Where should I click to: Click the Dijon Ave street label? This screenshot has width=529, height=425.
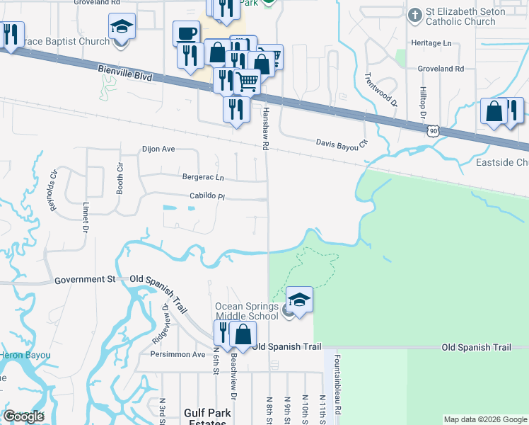tap(158, 149)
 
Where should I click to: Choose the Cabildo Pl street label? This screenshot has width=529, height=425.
tap(207, 196)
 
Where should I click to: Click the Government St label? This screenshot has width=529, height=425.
tap(85, 280)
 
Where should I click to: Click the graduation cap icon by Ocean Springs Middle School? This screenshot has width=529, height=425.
tap(299, 300)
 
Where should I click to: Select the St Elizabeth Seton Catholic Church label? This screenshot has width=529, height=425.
tap(465, 16)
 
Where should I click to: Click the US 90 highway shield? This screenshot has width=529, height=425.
tap(434, 130)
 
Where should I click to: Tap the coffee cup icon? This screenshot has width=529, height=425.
tap(186, 33)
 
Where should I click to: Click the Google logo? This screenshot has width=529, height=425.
tap(23, 416)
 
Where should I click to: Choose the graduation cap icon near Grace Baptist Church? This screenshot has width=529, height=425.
tap(122, 27)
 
